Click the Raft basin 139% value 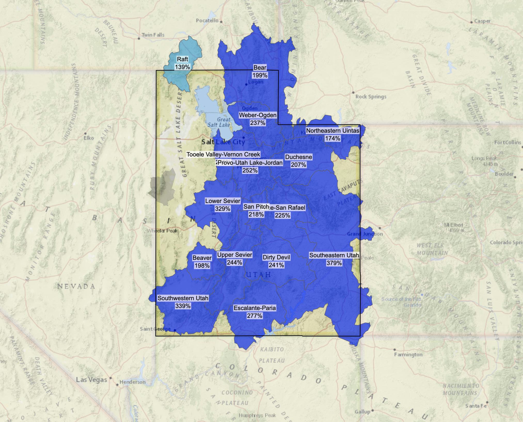pos(183,67)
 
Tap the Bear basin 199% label pos(260,75)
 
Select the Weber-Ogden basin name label pos(258,115)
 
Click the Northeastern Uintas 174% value pos(332,138)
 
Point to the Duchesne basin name pos(298,157)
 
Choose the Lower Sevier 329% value pos(223,209)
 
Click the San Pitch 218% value pos(256,214)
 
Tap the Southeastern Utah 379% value pos(334,263)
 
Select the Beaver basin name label pos(202,258)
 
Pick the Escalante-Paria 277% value pos(255,316)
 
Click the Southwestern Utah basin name pos(183,298)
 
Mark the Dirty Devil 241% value pos(276,265)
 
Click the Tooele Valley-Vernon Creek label pos(223,154)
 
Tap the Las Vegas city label pos(91,380)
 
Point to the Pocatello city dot pos(221,22)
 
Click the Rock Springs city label pos(371,97)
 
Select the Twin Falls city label pos(153,35)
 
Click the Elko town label pos(89,138)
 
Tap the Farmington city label pos(408,355)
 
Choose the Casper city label pos(482,21)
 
